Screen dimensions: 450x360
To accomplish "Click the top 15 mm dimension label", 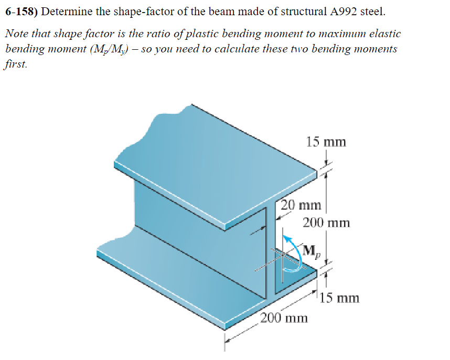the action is coord(326,142).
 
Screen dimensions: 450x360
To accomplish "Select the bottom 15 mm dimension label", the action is coord(340,299).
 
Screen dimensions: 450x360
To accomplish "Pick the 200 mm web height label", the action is coord(326,223).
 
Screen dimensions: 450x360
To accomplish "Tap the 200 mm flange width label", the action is coord(284,318).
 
